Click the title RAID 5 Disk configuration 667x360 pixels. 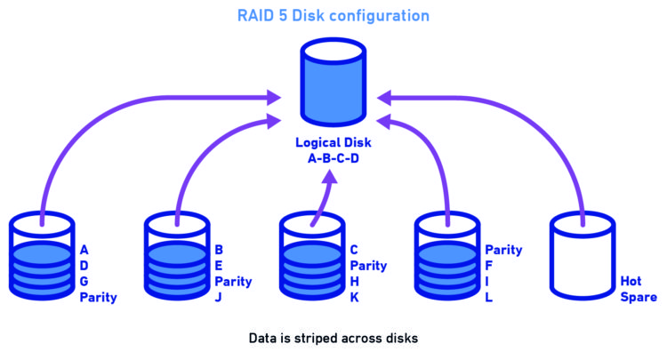pos(333,16)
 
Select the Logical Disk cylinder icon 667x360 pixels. pos(333,80)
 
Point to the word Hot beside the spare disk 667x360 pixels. pos(631,282)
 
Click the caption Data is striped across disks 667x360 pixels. pos(333,339)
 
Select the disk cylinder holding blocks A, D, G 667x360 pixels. pos(42,256)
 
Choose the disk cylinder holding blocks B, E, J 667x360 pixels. pos(178,256)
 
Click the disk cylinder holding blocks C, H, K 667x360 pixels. pos(314,256)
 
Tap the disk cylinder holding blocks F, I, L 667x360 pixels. pos(449,256)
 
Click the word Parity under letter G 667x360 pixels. pos(98,298)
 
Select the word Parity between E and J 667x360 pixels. pos(233,282)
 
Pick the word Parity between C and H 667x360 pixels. pos(368,266)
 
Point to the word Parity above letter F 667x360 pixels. pos(503,250)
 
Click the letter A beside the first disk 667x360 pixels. pos(84,250)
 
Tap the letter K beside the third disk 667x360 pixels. pos(354,298)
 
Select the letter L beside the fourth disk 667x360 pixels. pos(489,298)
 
